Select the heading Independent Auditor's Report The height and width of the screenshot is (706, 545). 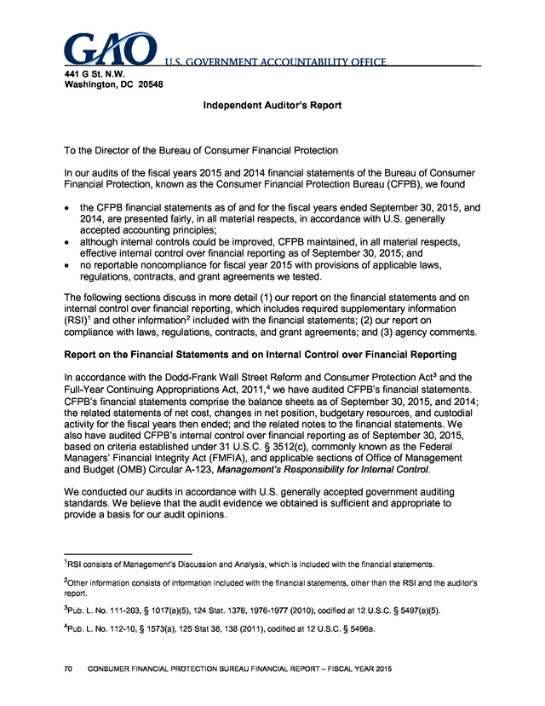tap(272, 106)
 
